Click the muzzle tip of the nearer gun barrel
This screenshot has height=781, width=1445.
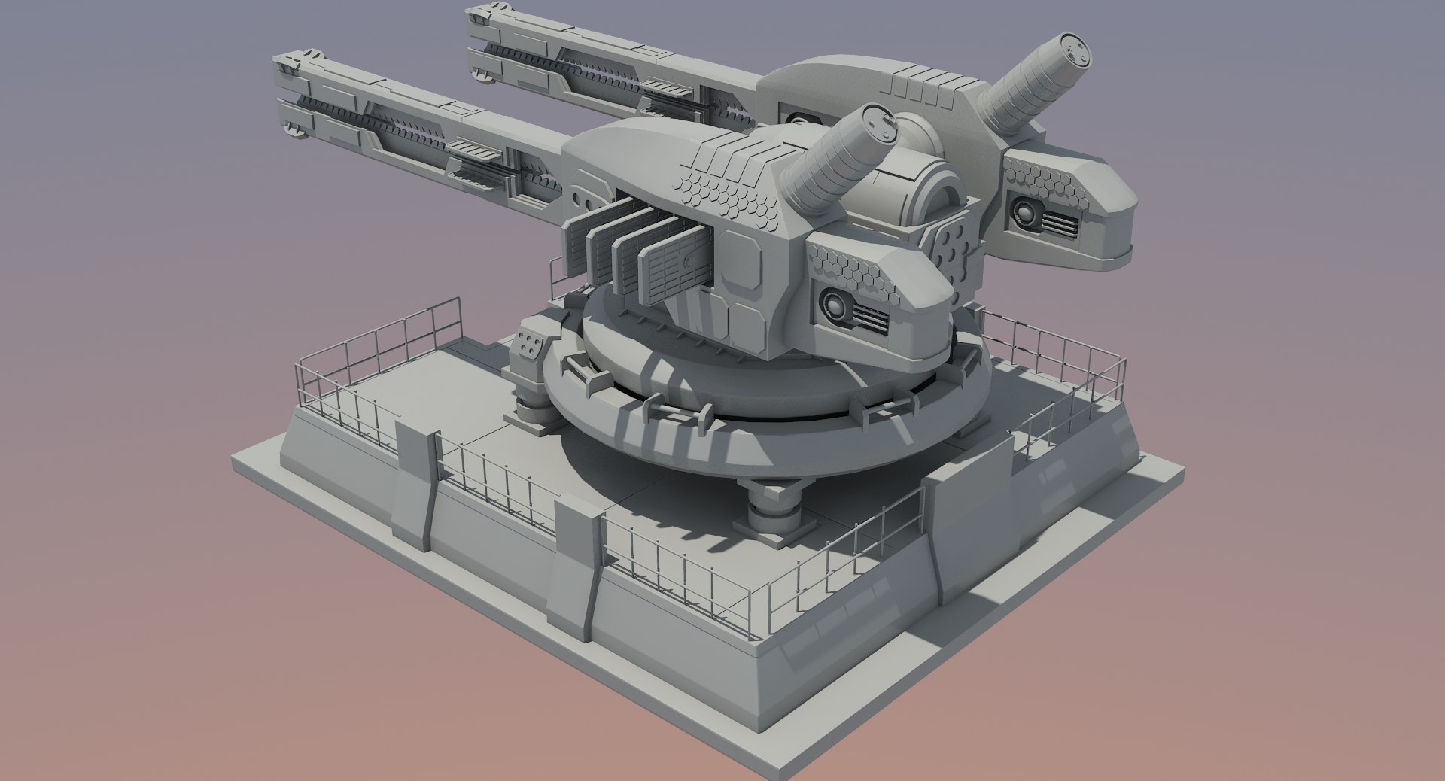(290, 98)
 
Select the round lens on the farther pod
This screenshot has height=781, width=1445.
(1025, 212)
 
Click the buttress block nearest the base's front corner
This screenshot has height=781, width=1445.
(576, 572)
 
